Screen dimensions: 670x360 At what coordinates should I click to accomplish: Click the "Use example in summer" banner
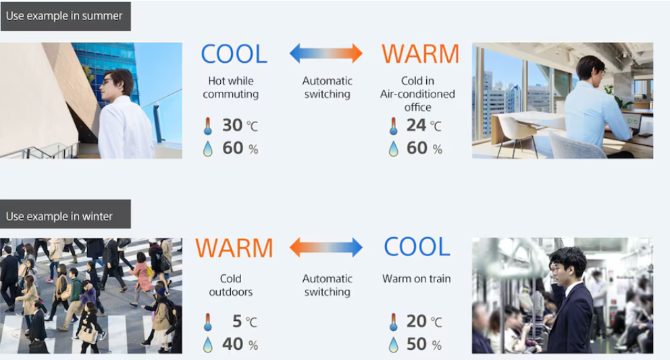pyautogui.click(x=66, y=16)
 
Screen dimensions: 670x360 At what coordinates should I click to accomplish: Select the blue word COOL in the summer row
pyautogui.click(x=234, y=54)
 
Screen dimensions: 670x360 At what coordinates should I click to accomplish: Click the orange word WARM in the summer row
pyautogui.click(x=421, y=54)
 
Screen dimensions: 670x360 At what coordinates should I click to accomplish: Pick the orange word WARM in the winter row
pyautogui.click(x=234, y=248)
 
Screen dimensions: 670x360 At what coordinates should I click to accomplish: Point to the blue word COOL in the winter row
pyautogui.click(x=417, y=247)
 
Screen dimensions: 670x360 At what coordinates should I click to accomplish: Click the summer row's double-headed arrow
pyautogui.click(x=326, y=53)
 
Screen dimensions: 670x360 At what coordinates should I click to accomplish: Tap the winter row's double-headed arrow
pyautogui.click(x=326, y=248)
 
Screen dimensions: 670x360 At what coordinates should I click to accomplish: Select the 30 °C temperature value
pyautogui.click(x=240, y=125)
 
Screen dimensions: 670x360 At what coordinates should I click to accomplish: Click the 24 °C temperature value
pyautogui.click(x=424, y=125)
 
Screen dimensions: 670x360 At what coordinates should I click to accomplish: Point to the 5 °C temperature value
pyautogui.click(x=245, y=321)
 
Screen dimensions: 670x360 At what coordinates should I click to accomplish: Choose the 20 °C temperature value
pyautogui.click(x=424, y=321)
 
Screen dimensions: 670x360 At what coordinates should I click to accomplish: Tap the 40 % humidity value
pyautogui.click(x=240, y=344)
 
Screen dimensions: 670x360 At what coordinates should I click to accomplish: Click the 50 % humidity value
pyautogui.click(x=424, y=344)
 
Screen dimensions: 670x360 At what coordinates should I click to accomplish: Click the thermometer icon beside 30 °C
pyautogui.click(x=207, y=126)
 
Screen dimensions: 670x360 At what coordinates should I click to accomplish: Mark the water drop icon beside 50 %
pyautogui.click(x=394, y=345)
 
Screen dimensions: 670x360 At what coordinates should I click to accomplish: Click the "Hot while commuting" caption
pyautogui.click(x=231, y=87)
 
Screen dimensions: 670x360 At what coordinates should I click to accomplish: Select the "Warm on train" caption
pyautogui.click(x=417, y=279)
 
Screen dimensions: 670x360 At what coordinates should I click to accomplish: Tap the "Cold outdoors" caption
pyautogui.click(x=231, y=285)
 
